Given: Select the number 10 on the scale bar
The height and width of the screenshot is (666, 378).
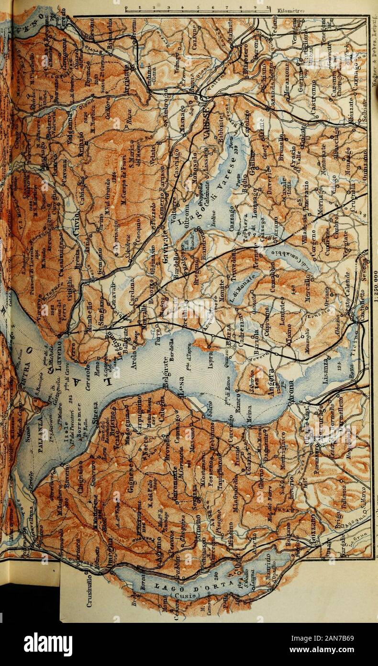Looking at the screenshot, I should point(269,7).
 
